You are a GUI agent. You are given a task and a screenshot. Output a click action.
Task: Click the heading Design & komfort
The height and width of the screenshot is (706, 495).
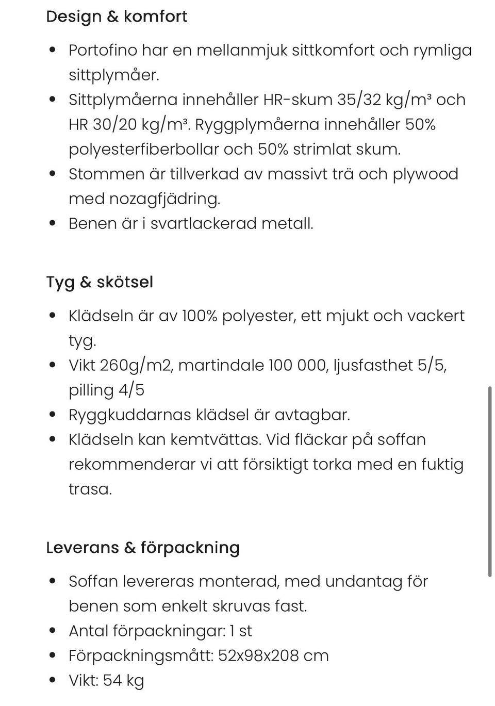pos(117,17)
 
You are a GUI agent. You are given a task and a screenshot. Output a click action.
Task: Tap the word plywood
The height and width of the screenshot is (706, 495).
pos(425,174)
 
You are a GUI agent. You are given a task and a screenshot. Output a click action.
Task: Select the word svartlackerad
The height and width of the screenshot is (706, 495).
pos(204,223)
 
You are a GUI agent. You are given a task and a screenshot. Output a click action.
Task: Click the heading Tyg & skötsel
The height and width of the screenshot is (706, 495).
pos(100,282)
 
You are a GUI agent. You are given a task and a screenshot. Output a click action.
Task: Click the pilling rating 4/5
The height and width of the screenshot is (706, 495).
pos(131,390)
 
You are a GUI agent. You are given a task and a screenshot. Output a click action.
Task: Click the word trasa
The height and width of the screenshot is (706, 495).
pos(90,489)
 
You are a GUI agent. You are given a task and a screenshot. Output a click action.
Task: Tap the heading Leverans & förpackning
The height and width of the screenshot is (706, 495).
pos(143,547)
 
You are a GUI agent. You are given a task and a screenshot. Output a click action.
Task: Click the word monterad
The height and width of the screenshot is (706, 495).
pos(239,581)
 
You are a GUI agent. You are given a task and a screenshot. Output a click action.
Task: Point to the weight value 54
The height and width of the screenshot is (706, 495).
pos(112,680)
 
